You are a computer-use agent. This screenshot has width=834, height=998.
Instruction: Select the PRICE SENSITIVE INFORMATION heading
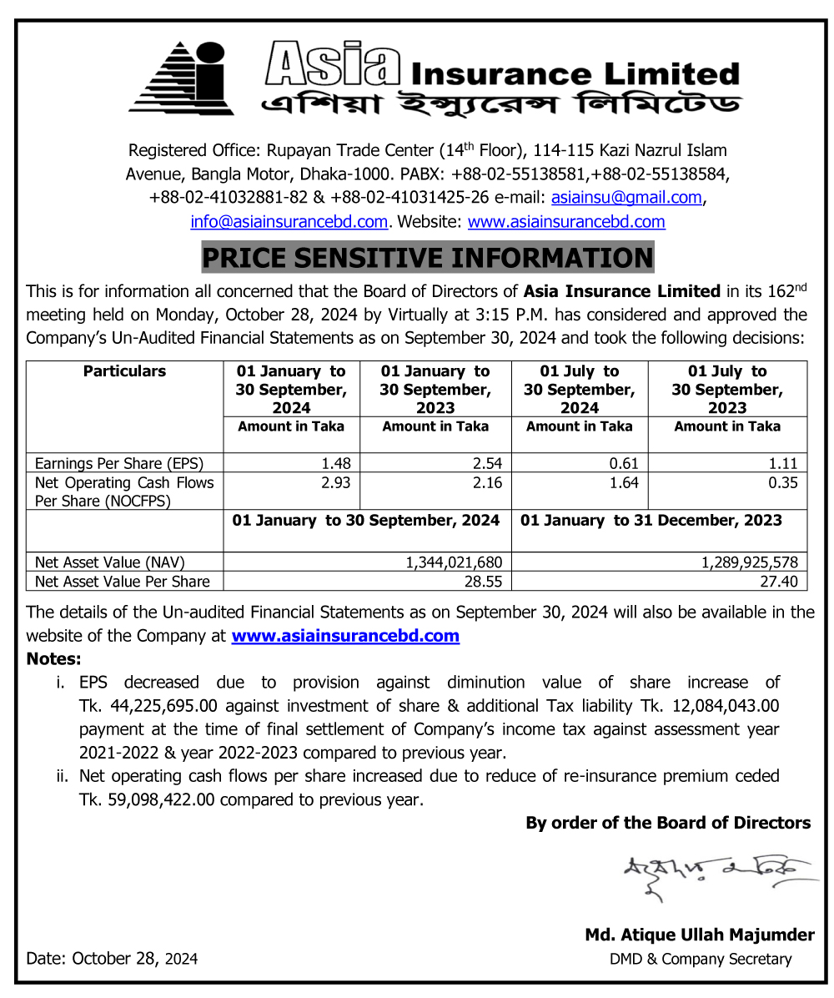point(428,258)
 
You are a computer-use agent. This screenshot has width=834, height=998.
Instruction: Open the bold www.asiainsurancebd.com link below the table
point(345,636)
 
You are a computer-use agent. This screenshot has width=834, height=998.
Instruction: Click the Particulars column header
point(124,371)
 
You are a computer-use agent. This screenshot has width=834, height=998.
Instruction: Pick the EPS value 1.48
point(335,464)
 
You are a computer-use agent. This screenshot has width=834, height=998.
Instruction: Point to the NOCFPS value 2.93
point(335,483)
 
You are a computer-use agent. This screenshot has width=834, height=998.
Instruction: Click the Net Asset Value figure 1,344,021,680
point(454,562)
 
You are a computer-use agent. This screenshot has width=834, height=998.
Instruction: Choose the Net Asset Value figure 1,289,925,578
point(750,562)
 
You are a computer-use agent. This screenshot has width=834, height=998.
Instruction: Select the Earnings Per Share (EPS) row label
point(118,464)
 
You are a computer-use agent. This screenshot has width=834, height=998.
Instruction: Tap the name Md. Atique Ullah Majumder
point(699,935)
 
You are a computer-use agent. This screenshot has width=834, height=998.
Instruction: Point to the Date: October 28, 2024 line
point(112,959)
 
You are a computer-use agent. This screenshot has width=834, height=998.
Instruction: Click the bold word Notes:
point(54,659)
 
